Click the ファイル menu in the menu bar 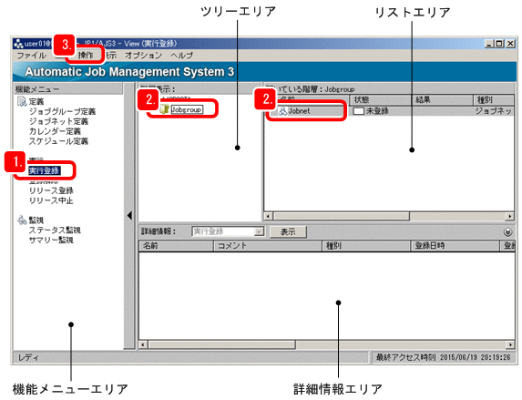pyautogui.click(x=31, y=56)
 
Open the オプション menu pyautogui.click(x=143, y=56)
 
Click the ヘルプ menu pyautogui.click(x=182, y=56)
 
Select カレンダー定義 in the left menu pyautogui.click(x=55, y=131)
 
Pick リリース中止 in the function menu pyautogui.click(x=51, y=200)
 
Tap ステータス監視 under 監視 pyautogui.click(x=55, y=231)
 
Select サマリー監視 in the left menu pyautogui.click(x=50, y=241)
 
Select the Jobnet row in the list pyautogui.click(x=300, y=110)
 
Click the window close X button pyautogui.click(x=511, y=43)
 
